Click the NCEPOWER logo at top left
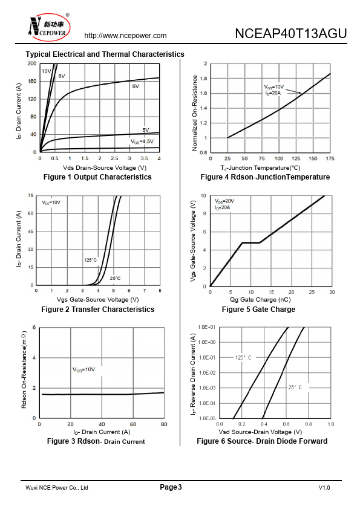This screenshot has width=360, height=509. (x=48, y=27)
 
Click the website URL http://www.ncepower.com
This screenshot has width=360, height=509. (x=125, y=36)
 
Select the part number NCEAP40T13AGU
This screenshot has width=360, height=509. (x=291, y=33)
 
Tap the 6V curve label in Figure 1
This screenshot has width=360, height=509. (x=136, y=86)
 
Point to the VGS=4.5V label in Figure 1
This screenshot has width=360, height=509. (x=142, y=141)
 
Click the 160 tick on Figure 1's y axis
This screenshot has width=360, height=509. (x=32, y=81)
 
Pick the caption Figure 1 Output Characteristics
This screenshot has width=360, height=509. (x=97, y=177)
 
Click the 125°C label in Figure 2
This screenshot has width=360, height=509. (x=90, y=260)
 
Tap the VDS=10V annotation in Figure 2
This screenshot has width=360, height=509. (x=51, y=203)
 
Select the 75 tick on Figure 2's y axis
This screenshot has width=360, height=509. (x=30, y=196)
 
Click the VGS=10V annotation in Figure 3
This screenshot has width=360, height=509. (x=83, y=370)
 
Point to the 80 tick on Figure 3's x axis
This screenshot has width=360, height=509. (x=164, y=424)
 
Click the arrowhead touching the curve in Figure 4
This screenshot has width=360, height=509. (x=300, y=94)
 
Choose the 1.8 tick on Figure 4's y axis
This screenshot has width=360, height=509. (x=204, y=79)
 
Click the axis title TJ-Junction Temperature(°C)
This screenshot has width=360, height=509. (x=260, y=168)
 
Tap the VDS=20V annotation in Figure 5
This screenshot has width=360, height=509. (x=224, y=201)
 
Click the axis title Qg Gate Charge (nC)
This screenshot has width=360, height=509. (x=260, y=300)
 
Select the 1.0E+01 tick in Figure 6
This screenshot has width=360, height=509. (x=207, y=327)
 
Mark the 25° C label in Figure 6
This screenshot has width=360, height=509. (x=295, y=387)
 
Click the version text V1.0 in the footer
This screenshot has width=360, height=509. (x=324, y=488)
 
